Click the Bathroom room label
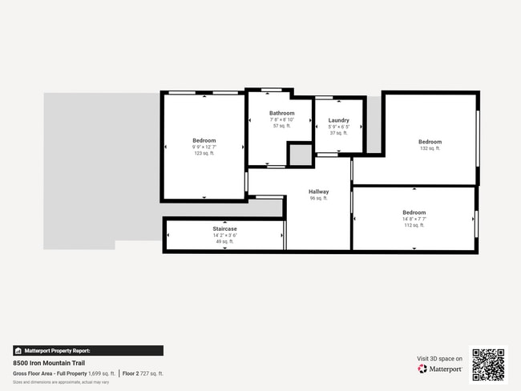pos(281,113)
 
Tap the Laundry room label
pos(338,120)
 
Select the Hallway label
pos(318,191)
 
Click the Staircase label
pos(224,228)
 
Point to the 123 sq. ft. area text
pos(204,153)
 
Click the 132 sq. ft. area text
pos(430,148)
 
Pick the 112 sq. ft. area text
pos(414,225)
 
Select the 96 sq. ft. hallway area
pos(318,198)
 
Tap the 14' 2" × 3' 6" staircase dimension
pos(224,235)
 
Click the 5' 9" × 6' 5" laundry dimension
pos(338,127)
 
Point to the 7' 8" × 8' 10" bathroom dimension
pos(281,119)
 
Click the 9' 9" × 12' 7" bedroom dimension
pos(204,147)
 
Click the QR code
pos(487,365)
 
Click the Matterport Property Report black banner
pos(88,350)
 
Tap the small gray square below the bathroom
pos(300,155)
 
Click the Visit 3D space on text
pos(439,358)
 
